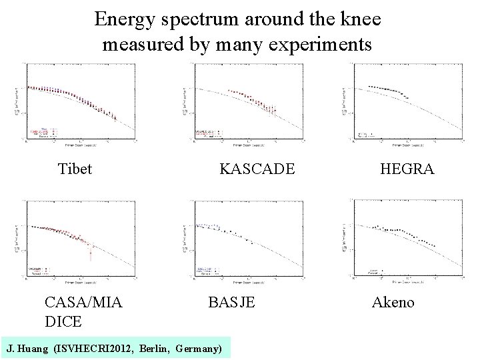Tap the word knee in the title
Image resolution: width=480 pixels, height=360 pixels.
pos(359,19)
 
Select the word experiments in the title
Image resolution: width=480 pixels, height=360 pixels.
pos(324,45)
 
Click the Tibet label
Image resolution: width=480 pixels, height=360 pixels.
pos(75,169)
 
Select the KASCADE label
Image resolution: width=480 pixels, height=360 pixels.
pos(257,169)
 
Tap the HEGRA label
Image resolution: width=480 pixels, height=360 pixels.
pos(407,169)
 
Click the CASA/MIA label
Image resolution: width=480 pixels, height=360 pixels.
pos(83,303)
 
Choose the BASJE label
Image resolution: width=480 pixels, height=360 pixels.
pos(231,303)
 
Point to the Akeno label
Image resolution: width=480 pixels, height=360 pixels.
pos(393,303)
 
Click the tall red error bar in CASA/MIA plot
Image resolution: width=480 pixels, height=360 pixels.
pos(91,249)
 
